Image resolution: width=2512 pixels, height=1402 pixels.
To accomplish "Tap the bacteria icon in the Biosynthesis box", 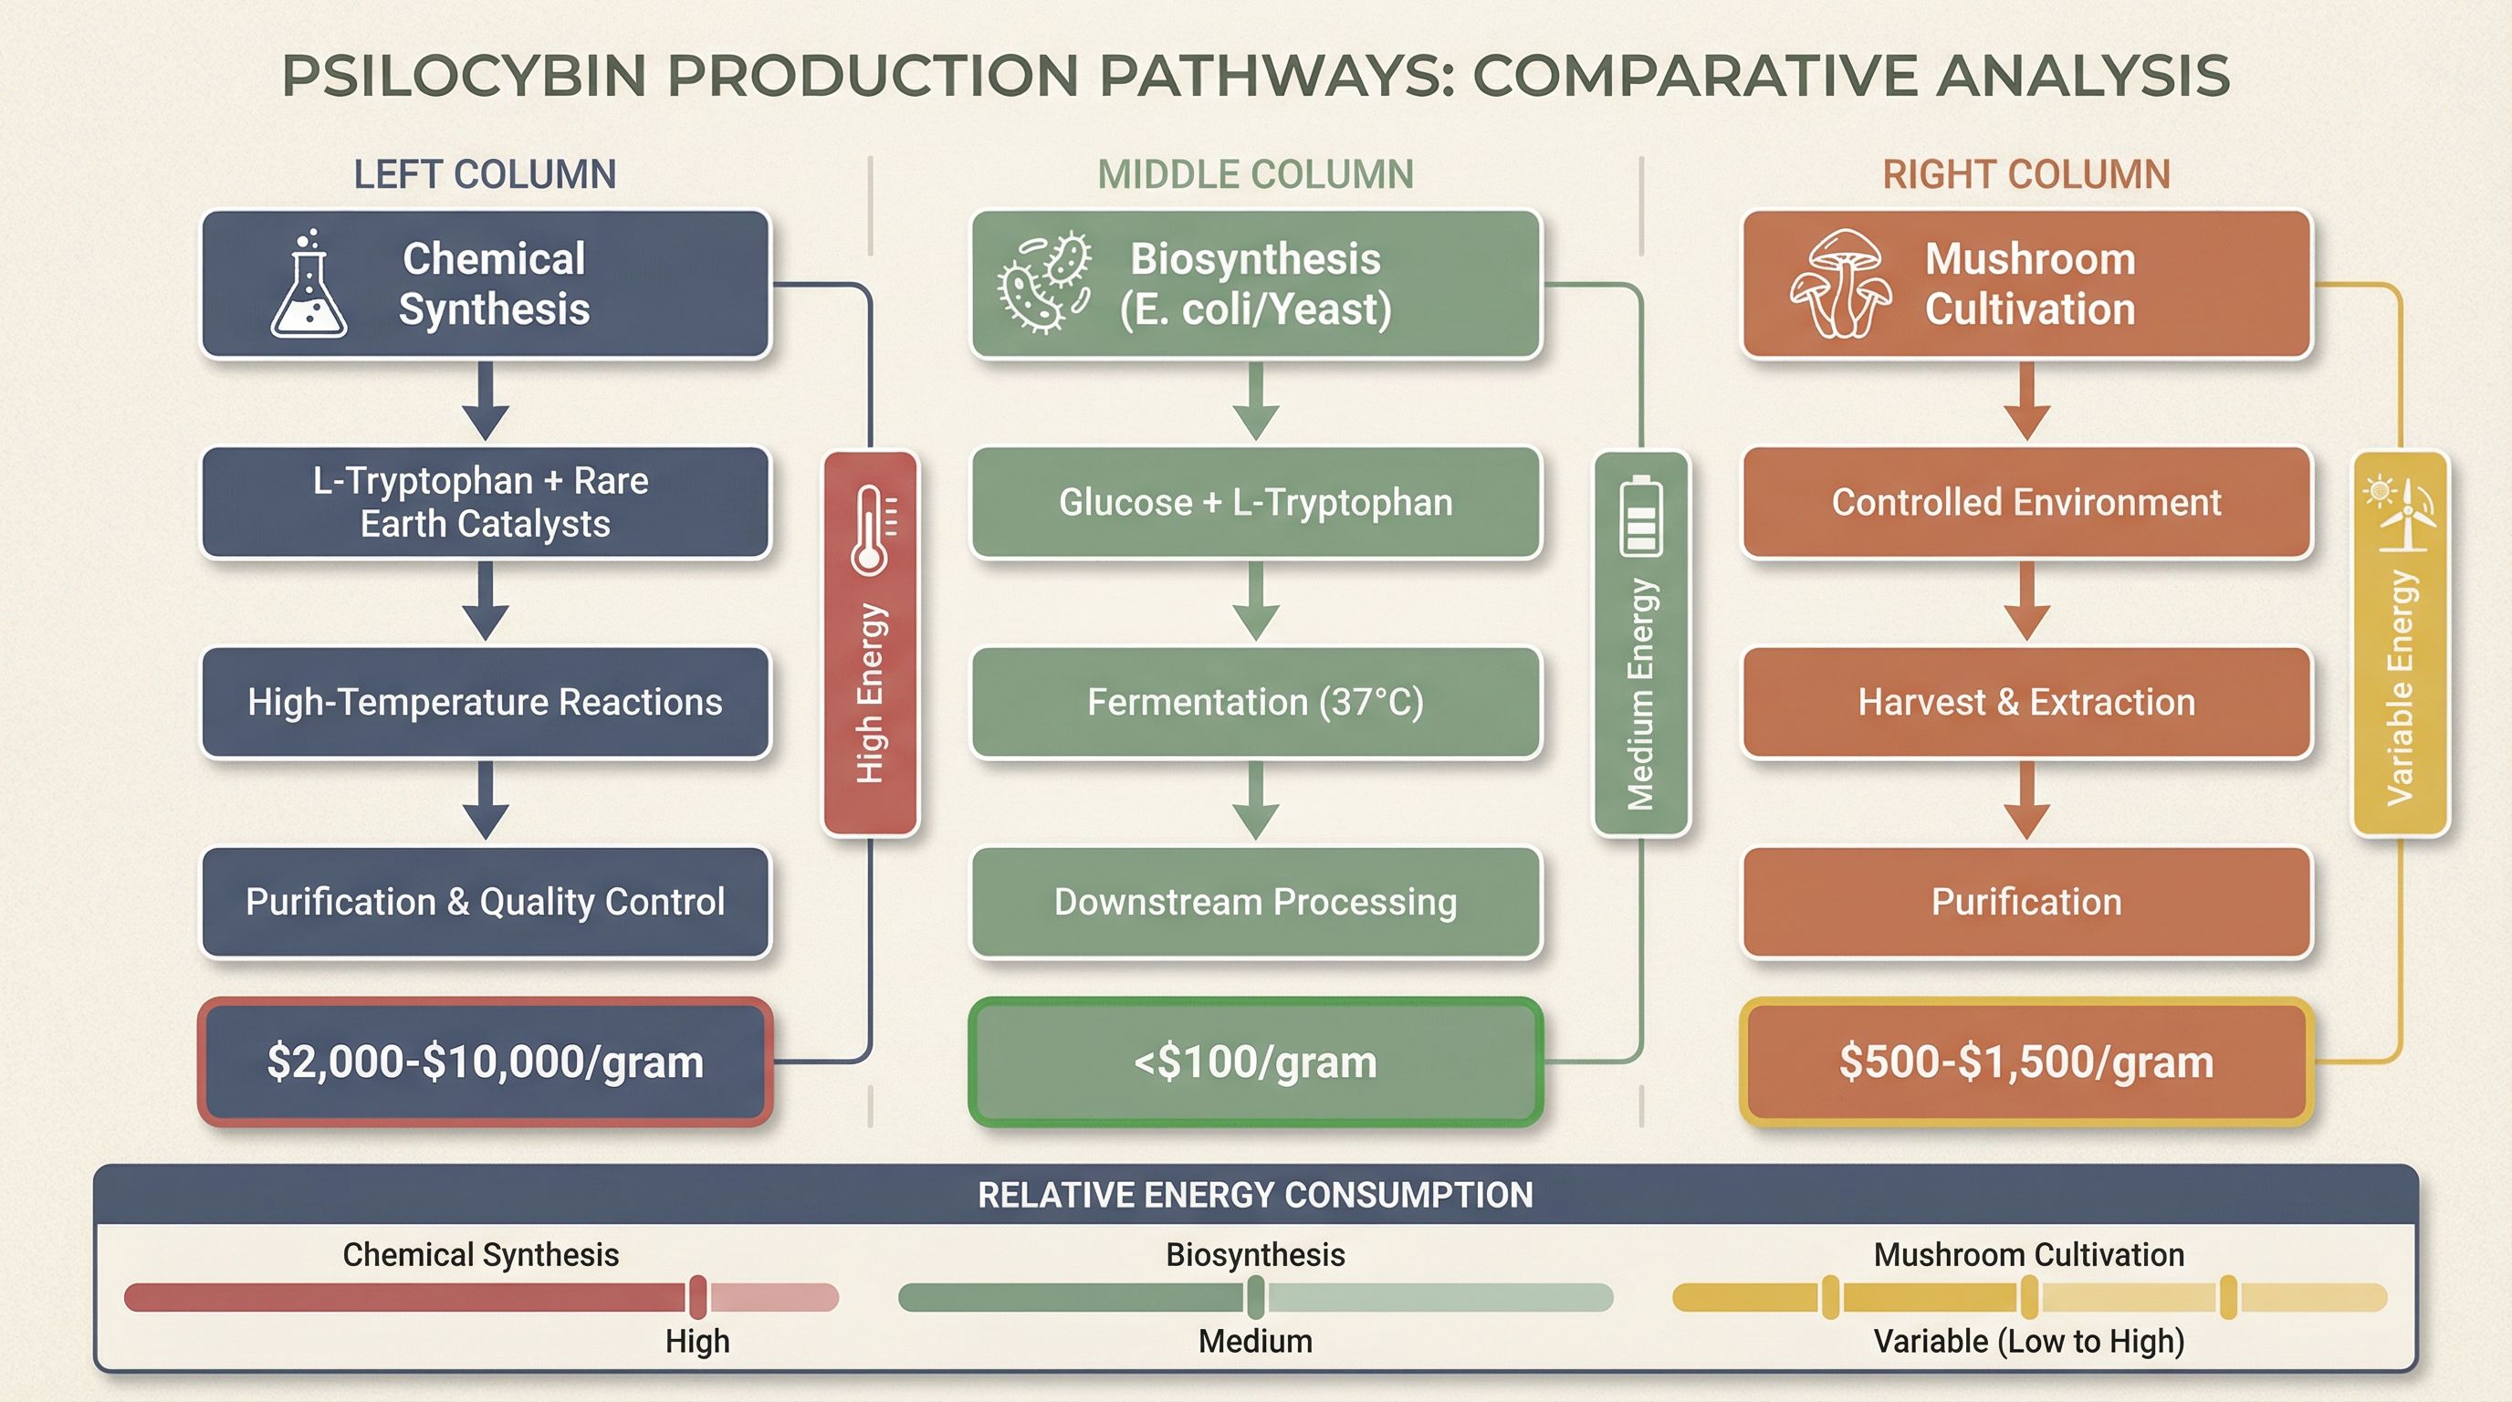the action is (x=1043, y=283).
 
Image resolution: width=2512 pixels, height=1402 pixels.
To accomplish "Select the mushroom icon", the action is (x=1840, y=283).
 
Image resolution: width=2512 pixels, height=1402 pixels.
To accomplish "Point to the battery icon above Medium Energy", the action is (x=1641, y=516).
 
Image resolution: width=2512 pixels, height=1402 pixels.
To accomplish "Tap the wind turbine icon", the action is (x=2400, y=514).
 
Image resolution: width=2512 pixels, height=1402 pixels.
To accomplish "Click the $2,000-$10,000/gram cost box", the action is (x=486, y=1062).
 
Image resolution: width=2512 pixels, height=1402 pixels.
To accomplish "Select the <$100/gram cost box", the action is (x=1256, y=1062).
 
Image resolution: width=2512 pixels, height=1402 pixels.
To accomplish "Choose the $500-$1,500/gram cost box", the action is (x=2026, y=1062).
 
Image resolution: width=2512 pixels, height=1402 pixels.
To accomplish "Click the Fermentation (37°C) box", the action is (x=1256, y=702).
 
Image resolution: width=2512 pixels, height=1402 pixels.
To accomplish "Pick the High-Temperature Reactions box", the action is (x=486, y=702).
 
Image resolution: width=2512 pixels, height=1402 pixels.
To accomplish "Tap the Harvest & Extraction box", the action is (x=2026, y=702).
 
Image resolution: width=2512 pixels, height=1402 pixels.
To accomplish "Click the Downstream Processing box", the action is (x=1256, y=902).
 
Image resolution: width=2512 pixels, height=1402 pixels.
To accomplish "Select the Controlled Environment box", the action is (x=2026, y=502).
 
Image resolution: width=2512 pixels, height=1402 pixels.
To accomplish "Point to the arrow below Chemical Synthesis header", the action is (x=486, y=401).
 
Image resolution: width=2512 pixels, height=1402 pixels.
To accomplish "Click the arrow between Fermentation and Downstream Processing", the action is (x=1256, y=800).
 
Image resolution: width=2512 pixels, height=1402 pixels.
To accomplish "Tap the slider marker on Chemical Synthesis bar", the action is (x=697, y=1298).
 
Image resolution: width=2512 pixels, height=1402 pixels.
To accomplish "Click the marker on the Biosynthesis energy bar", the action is (x=1256, y=1298).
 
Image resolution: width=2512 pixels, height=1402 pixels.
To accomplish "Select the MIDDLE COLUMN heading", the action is (x=1256, y=174).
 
